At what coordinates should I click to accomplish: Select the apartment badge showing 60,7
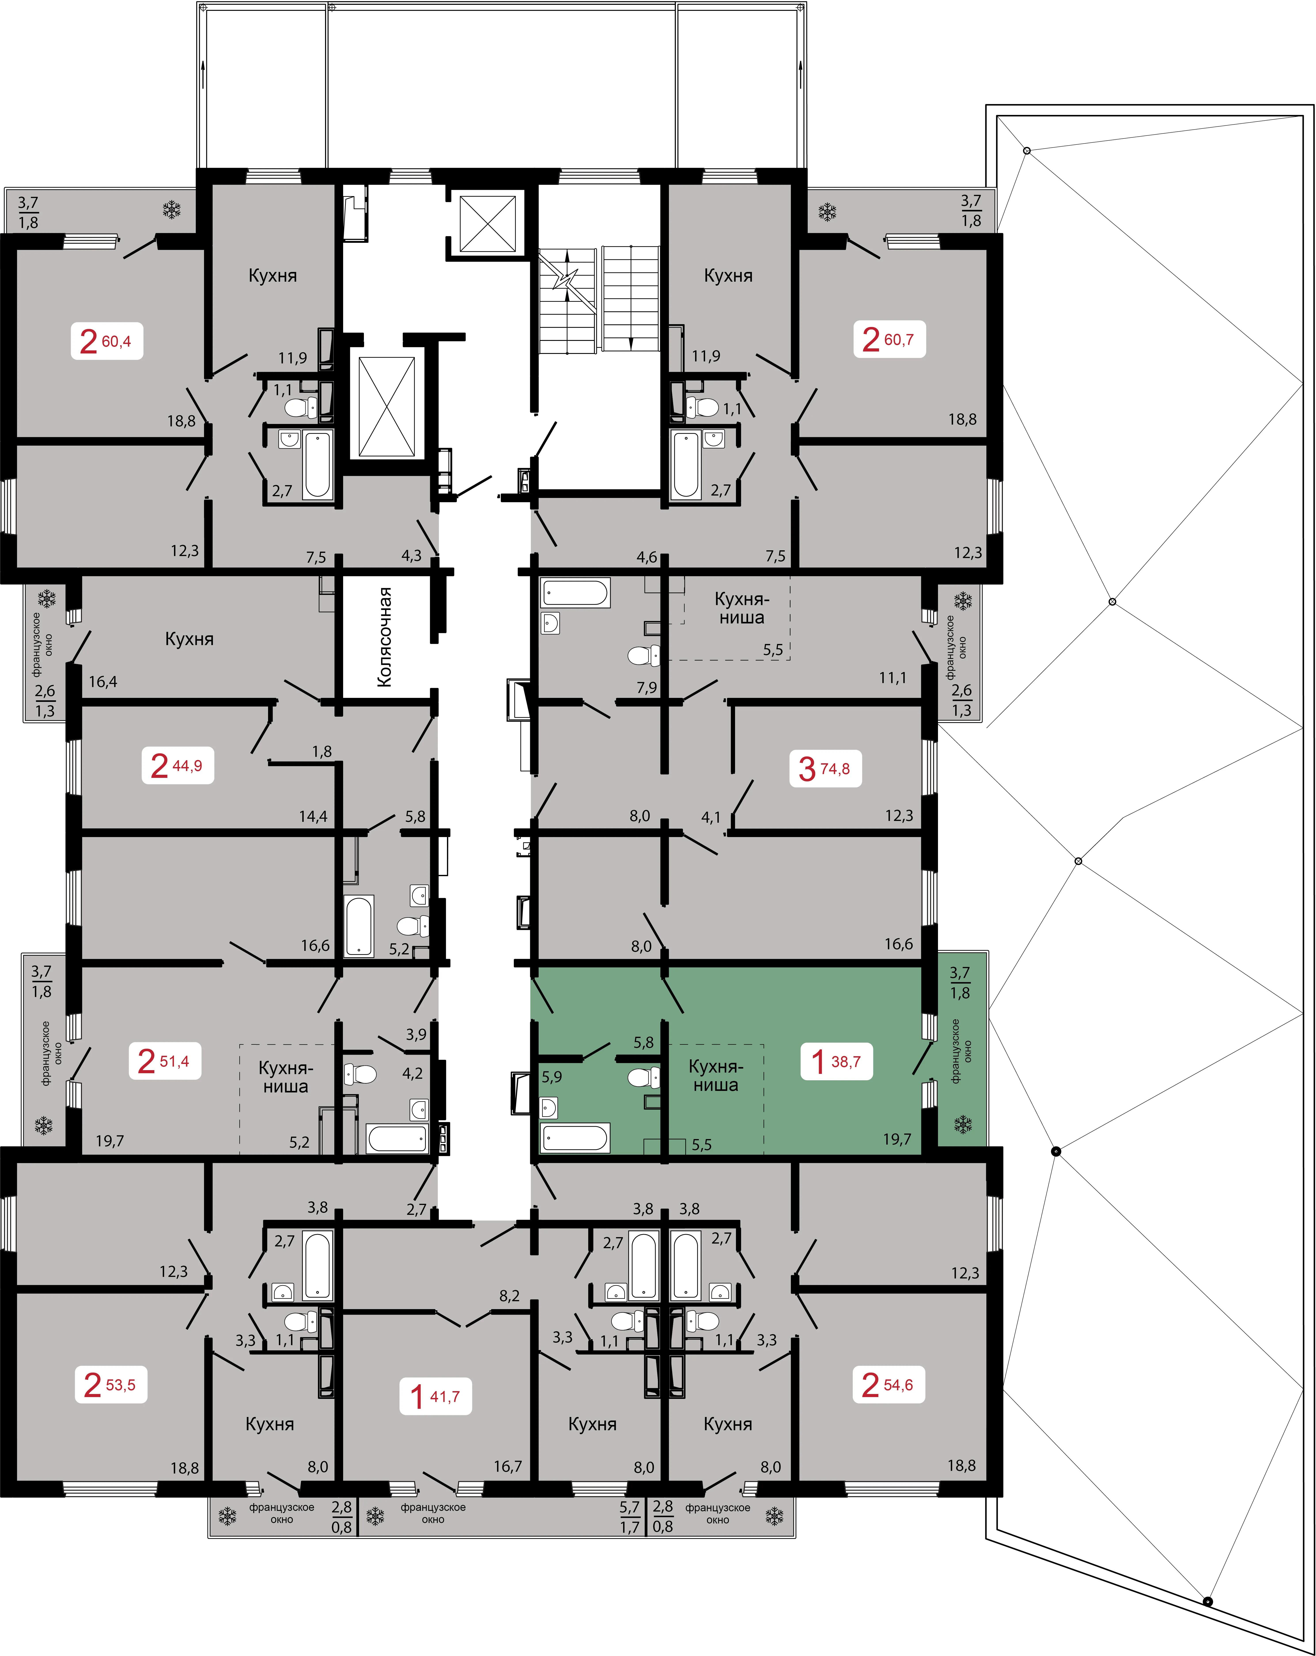pyautogui.click(x=889, y=339)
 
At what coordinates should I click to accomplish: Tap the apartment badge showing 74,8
pyautogui.click(x=825, y=768)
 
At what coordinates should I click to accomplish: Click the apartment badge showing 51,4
pyautogui.click(x=164, y=1061)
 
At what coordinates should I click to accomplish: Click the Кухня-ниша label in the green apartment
pyautogui.click(x=716, y=1075)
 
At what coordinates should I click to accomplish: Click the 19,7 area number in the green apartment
pyautogui.click(x=897, y=1139)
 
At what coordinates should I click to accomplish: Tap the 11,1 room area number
pyautogui.click(x=893, y=678)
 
